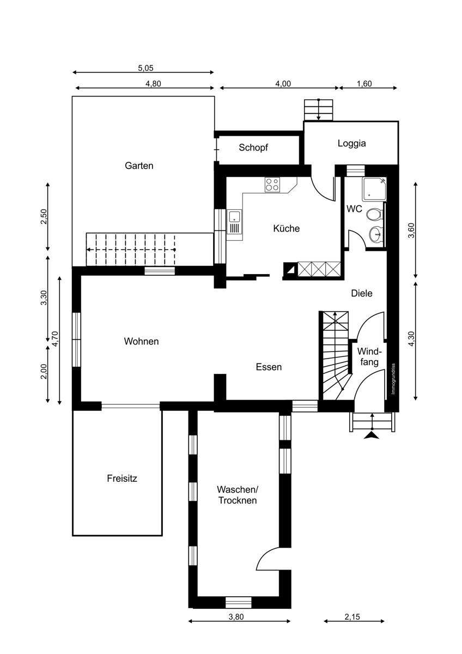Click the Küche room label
coord(287,228)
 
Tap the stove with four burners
coord(272,185)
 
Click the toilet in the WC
coord(374,215)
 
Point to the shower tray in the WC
coord(374,189)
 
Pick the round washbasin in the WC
coord(376,234)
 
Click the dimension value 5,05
coord(145,68)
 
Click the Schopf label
coord(253,148)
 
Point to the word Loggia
coord(352,143)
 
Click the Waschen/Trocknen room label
coord(238,495)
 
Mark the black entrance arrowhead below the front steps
coord(372,436)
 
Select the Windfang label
coord(369,356)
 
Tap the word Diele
coord(362,293)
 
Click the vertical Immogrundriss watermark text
coord(393,379)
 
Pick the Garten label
coord(139,166)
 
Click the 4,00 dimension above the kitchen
coord(283,84)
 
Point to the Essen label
coord(269,367)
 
